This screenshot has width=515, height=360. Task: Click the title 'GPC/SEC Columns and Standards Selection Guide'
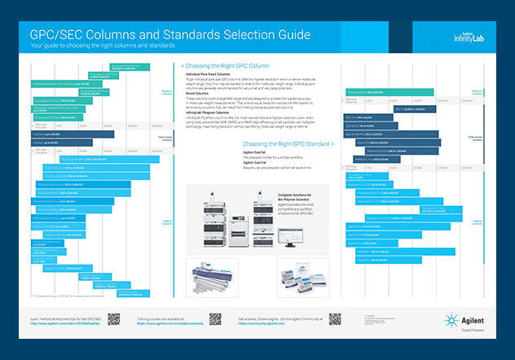click(x=170, y=36)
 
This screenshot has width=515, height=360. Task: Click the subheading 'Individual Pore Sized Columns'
click(x=211, y=73)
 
